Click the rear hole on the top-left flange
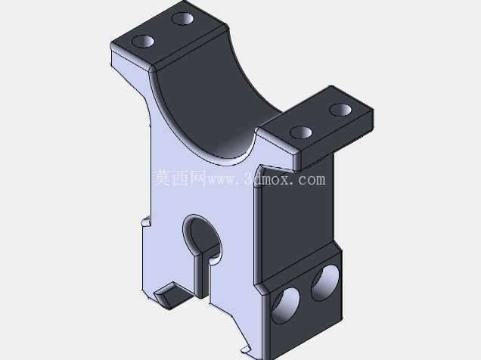point(182,19)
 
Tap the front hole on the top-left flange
point(143,41)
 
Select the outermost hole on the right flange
point(340,110)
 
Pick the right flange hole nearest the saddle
point(301,132)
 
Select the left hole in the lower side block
point(286,306)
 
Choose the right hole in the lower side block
point(325,282)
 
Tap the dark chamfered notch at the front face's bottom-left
point(171,295)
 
